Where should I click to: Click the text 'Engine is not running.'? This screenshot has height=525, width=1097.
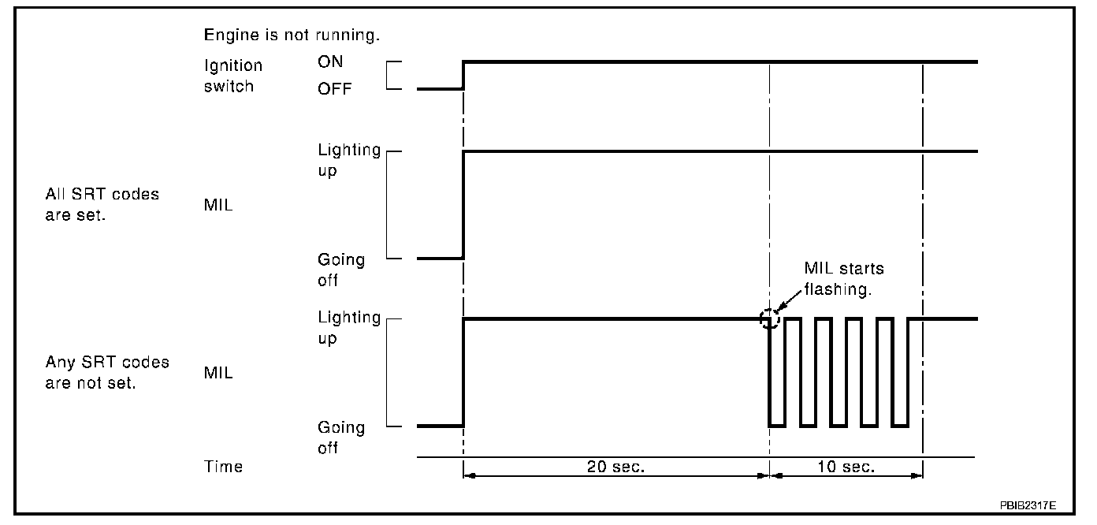[x=292, y=35]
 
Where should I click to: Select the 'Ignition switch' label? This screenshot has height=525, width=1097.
[x=232, y=76]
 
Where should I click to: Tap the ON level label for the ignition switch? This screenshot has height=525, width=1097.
[x=331, y=62]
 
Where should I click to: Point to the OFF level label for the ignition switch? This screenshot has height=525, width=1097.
[x=335, y=89]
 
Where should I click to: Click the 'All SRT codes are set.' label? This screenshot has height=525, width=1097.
[x=103, y=204]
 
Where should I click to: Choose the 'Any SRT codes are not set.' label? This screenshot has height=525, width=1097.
[x=108, y=373]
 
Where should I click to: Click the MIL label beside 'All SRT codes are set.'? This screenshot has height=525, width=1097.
[x=218, y=206]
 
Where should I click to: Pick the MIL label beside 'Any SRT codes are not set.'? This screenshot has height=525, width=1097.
[x=218, y=373]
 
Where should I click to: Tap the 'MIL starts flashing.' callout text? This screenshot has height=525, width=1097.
[x=843, y=278]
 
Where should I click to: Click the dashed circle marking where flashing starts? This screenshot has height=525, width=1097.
[x=769, y=319]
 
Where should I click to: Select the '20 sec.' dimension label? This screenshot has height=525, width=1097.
[x=615, y=467]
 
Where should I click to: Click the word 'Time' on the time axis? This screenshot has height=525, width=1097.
[x=224, y=467]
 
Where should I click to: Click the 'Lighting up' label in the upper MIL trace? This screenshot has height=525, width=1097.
[x=349, y=160]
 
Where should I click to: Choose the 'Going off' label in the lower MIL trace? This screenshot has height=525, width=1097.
[x=341, y=438]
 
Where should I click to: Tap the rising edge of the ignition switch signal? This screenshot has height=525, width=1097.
[x=463, y=76]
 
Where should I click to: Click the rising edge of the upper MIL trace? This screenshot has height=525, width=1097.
[x=463, y=205]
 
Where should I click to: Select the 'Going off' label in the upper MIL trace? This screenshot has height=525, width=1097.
[x=341, y=270]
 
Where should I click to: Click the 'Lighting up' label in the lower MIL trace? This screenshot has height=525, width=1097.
[x=349, y=328]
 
